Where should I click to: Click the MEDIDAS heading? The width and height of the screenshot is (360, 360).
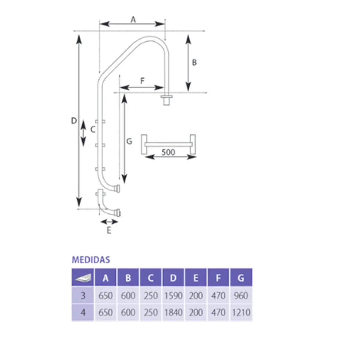tap(91, 260)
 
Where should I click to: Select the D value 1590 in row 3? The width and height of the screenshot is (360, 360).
tap(173, 296)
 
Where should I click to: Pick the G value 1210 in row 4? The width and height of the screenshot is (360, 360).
tap(241, 313)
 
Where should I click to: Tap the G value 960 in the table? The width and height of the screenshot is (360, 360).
tap(241, 296)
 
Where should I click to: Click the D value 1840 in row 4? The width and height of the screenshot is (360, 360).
tap(173, 313)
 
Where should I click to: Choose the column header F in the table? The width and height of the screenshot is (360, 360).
tap(218, 278)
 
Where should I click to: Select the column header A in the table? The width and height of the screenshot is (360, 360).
tap(106, 278)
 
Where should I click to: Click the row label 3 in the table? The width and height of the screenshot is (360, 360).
tap(83, 296)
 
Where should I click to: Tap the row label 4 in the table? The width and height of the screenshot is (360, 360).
tap(83, 313)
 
